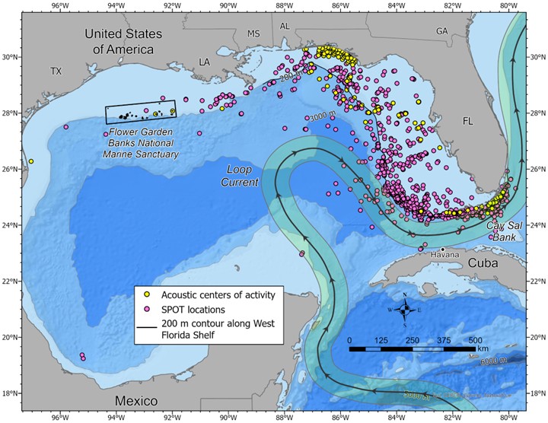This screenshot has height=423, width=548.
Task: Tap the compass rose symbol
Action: pos(405,308)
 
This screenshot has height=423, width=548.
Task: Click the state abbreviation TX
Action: pos(56,71)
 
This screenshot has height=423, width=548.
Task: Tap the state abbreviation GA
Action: pos(441,31)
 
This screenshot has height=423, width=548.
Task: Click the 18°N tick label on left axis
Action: pos(10,393)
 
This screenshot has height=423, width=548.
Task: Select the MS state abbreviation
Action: pos(253,33)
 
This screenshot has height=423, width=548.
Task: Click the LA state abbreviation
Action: pos(204,61)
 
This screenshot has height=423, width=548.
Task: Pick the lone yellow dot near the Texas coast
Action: pos(30,161)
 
